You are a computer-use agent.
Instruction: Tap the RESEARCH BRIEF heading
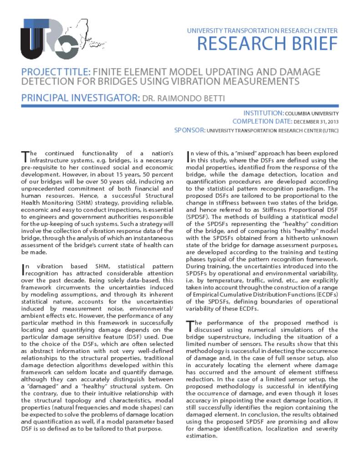pos(268,44)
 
